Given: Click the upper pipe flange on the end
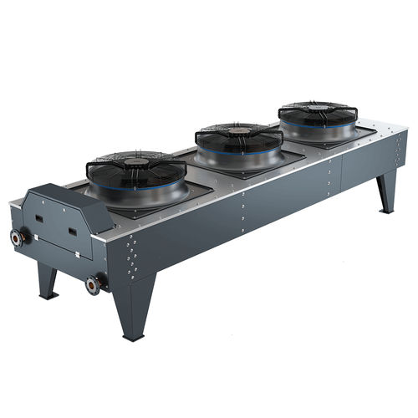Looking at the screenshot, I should pyautogui.click(x=17, y=237).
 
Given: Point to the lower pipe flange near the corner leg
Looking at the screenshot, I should pyautogui.click(x=93, y=284).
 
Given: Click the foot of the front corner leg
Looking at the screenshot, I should pyautogui.click(x=134, y=336).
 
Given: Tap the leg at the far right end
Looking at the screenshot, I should pyautogui.click(x=385, y=194).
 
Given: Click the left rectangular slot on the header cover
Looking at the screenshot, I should pyautogui.click(x=38, y=219).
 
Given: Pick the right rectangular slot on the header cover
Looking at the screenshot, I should pyautogui.click(x=72, y=232).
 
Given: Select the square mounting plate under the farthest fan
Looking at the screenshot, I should pyautogui.click(x=351, y=139).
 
